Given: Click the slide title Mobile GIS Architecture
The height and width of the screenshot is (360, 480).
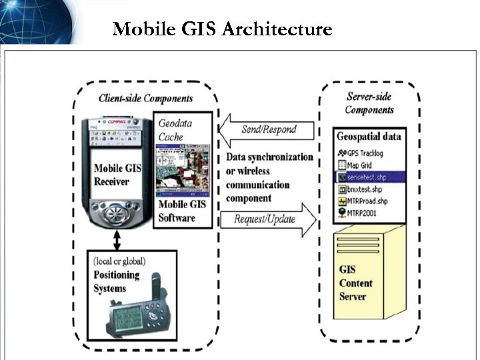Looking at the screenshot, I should (222, 29).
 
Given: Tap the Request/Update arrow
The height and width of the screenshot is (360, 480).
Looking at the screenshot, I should (270, 219).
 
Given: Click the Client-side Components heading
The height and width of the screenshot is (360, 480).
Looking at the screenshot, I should (145, 98).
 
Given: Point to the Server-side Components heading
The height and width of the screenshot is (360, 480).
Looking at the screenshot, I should (369, 103).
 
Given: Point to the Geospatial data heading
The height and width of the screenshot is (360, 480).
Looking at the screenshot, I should (369, 137).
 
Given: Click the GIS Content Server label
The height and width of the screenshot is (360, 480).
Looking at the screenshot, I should (355, 283).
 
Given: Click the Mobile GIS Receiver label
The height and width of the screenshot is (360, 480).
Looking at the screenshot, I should (112, 175).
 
